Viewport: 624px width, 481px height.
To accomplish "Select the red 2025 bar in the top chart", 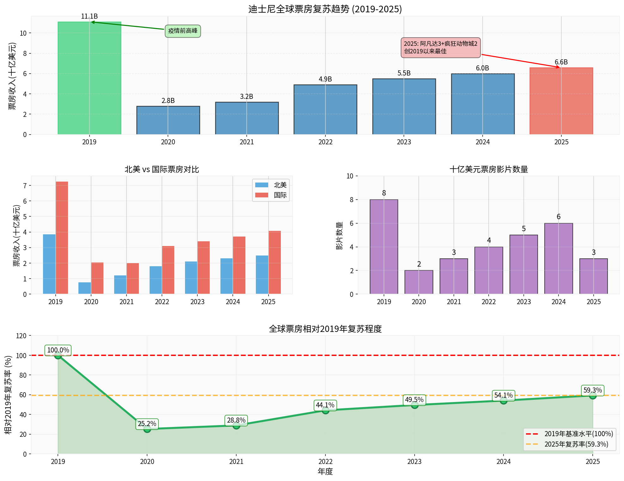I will click(561, 101).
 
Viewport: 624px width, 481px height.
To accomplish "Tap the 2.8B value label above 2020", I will click(168, 101).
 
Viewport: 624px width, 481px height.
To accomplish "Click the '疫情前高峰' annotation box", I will click(183, 31).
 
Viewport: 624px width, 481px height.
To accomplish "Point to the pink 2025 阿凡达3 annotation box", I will click(441, 48).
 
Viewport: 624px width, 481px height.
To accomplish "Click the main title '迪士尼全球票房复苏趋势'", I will click(325, 9).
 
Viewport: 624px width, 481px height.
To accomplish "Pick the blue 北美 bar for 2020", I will click(85, 288).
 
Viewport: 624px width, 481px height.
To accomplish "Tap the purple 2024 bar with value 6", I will click(559, 259).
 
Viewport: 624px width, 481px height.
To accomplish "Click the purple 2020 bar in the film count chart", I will click(419, 282).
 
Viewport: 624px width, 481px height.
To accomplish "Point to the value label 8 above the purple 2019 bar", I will click(384, 193).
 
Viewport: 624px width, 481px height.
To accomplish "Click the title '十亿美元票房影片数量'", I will click(489, 170).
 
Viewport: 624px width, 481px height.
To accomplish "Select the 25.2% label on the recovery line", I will click(147, 424).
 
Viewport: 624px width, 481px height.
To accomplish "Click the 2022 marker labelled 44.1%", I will click(325, 410).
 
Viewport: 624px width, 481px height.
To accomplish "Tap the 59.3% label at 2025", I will click(592, 390).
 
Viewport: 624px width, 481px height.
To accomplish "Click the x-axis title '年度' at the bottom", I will click(325, 472).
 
